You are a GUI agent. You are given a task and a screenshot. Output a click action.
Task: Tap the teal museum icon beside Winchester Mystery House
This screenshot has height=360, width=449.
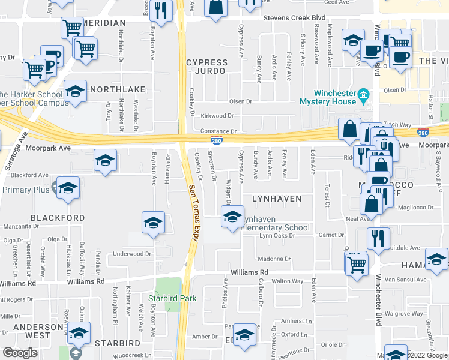(x=363, y=95)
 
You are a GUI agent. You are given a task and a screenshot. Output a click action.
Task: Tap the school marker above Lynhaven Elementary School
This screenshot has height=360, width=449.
(x=232, y=218)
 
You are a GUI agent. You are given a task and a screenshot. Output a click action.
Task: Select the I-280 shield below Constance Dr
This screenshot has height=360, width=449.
(x=217, y=140)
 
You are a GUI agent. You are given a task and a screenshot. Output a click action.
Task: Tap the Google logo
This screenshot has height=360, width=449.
(x=20, y=352)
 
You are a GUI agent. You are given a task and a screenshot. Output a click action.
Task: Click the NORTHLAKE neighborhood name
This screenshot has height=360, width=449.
(x=118, y=89)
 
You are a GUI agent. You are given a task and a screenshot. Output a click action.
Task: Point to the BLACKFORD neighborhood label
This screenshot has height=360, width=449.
(x=58, y=217)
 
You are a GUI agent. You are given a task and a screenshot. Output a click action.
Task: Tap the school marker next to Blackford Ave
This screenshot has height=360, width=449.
(x=106, y=161)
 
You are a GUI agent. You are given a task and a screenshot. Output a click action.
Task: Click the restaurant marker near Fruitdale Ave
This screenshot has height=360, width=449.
(x=378, y=239)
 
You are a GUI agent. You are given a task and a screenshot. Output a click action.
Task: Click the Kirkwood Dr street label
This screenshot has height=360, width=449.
(x=217, y=115)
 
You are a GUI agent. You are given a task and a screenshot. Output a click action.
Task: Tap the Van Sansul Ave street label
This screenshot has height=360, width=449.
(x=405, y=280)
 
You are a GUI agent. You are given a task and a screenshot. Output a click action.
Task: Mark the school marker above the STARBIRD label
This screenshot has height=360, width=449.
(x=78, y=333)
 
